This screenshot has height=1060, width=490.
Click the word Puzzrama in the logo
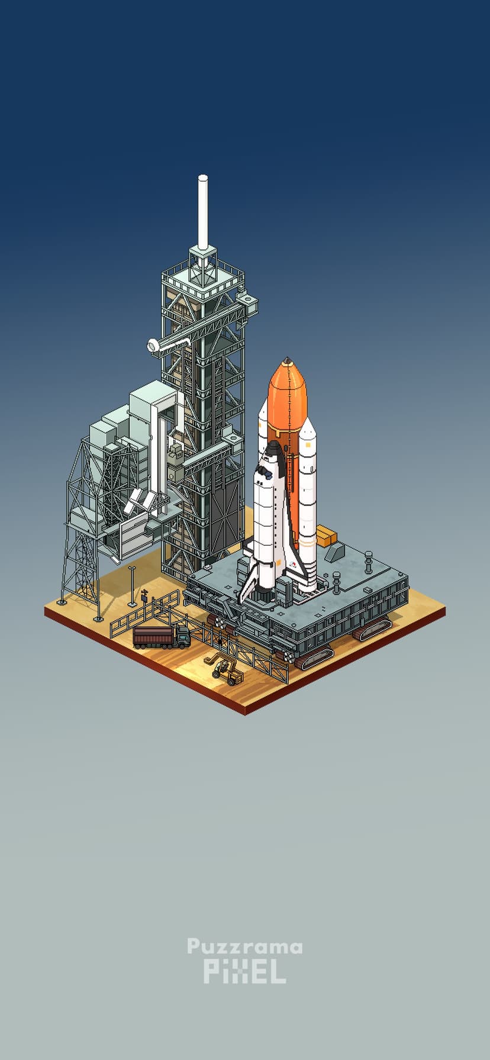pos(244,948)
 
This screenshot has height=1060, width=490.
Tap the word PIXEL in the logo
pos(244,972)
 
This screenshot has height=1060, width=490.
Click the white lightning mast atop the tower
pos(203,212)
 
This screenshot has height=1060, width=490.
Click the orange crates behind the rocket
pos(326,536)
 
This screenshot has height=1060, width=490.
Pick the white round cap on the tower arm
pos(153,346)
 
